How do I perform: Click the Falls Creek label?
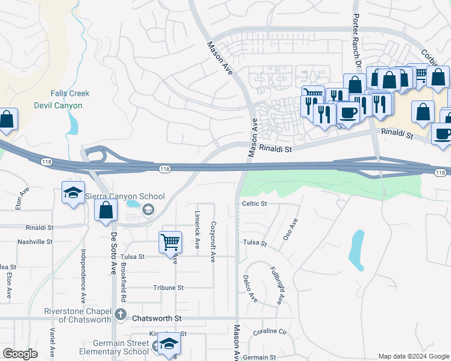[70, 93]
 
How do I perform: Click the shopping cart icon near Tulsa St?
[171, 242]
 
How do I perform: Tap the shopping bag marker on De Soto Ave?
[106, 210]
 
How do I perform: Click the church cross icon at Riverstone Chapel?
[120, 313]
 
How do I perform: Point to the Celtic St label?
[254, 204]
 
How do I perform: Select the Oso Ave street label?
[291, 229]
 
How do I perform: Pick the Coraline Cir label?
[270, 332]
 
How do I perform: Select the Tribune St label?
[168, 288]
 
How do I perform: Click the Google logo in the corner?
[20, 354]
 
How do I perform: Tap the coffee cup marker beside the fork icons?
[348, 113]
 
